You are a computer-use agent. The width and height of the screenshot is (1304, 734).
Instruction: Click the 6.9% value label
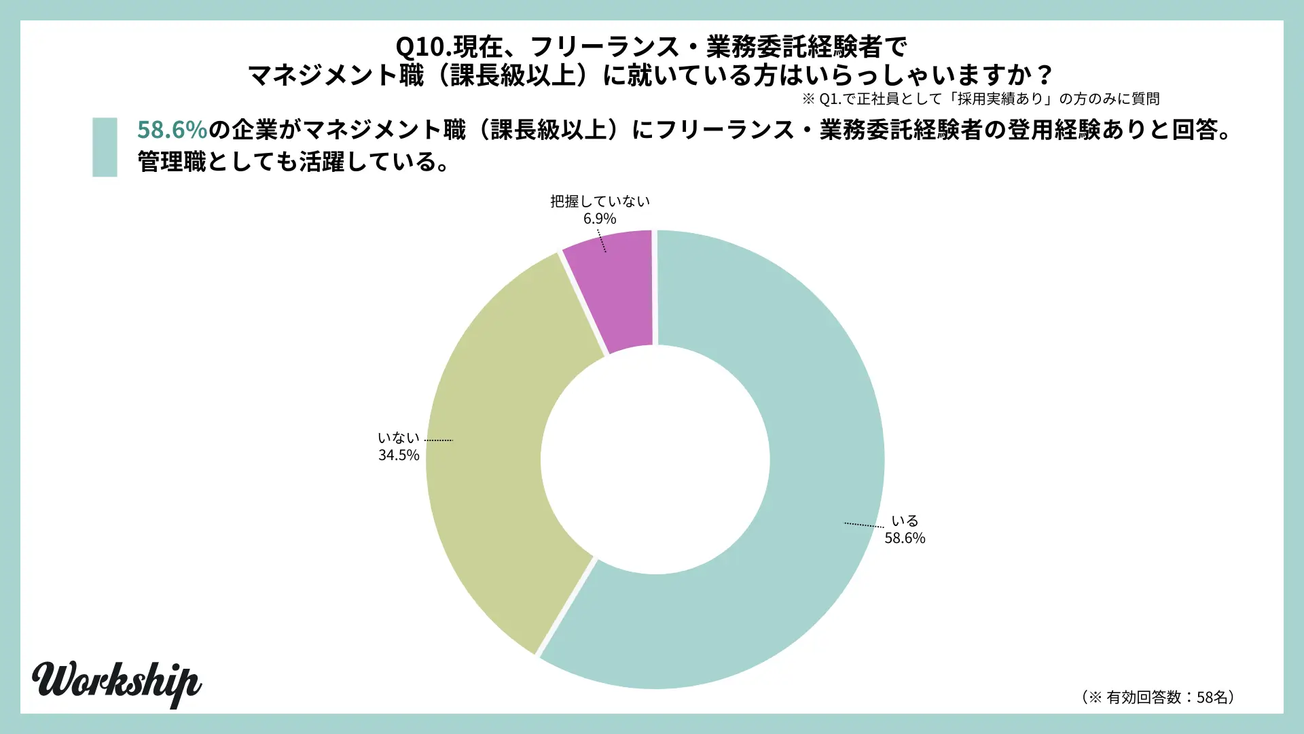click(x=600, y=219)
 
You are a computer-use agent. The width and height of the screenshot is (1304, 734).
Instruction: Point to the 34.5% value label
click(x=399, y=455)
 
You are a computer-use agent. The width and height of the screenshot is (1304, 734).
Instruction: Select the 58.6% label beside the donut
click(x=905, y=538)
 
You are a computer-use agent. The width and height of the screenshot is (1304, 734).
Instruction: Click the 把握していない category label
click(x=600, y=201)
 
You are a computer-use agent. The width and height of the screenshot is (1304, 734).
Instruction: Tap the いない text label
click(x=399, y=438)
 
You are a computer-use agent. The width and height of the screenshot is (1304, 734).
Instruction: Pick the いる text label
click(x=905, y=521)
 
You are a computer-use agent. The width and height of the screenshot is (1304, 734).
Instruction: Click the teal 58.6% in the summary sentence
click(x=172, y=129)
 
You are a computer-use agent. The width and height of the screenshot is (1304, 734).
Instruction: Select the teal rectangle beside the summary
click(x=105, y=147)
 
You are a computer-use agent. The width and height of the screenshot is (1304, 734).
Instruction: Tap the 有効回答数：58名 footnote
click(x=1159, y=697)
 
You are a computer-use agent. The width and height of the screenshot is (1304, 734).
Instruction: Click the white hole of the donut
click(x=655, y=459)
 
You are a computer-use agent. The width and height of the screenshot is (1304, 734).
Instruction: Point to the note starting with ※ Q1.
click(x=981, y=99)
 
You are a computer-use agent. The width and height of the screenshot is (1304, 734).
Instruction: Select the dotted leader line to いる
click(x=864, y=525)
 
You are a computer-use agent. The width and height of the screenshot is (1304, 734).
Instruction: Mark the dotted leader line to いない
click(x=439, y=440)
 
